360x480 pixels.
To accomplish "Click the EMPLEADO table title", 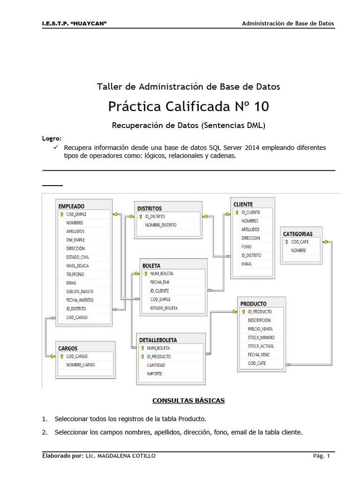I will pyautogui.click(x=71, y=206).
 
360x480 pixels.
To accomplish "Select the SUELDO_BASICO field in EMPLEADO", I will pyautogui.click(x=80, y=291).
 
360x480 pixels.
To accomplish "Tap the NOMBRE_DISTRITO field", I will pyautogui.click(x=161, y=225).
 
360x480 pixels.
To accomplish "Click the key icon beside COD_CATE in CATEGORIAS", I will pyautogui.click(x=286, y=242).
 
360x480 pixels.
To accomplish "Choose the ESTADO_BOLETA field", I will pyautogui.click(x=164, y=308).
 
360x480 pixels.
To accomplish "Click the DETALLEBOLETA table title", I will pyautogui.click(x=158, y=340).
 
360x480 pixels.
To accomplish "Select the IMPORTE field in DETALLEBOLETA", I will pyautogui.click(x=155, y=374).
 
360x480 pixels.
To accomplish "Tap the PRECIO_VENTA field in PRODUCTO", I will pyautogui.click(x=261, y=329).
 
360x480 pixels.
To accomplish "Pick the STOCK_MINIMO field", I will pyautogui.click(x=261, y=337).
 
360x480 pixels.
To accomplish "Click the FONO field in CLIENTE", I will pyautogui.click(x=246, y=247).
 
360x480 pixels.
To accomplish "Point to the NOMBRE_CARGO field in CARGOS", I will pyautogui.click(x=80, y=365).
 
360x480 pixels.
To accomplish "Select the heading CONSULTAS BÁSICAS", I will pyautogui.click(x=188, y=401).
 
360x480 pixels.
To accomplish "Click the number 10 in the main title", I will pyautogui.click(x=261, y=107).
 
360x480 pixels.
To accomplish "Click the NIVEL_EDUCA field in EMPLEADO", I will pyautogui.click(x=77, y=266).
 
